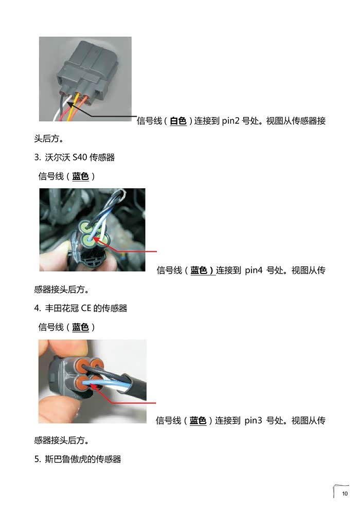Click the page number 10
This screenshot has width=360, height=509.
[345, 494]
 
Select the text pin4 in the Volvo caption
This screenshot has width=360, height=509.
[254, 270]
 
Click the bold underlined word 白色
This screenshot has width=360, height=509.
[178, 121]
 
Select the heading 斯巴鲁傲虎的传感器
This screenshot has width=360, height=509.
[82, 459]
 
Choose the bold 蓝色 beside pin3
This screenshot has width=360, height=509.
[198, 421]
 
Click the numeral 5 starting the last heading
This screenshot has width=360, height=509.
[37, 459]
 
